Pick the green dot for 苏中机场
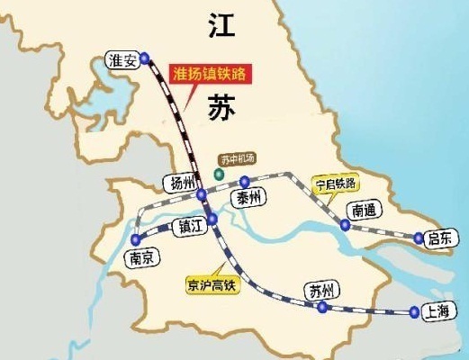(x=216, y=173)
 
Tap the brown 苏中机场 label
(x=239, y=159)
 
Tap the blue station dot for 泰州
(x=244, y=183)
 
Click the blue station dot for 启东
(x=418, y=238)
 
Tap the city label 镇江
(x=192, y=225)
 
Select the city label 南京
(x=143, y=257)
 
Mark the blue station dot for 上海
(x=414, y=312)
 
